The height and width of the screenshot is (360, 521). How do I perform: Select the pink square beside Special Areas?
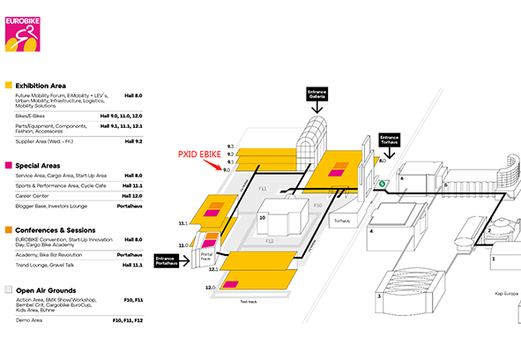point(9,166)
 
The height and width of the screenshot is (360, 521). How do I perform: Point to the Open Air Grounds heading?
point(45,290)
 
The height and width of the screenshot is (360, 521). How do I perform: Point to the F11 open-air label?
point(262,188)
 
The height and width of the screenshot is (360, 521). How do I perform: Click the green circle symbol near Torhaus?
point(383,184)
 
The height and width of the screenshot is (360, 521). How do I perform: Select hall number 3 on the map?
point(379,296)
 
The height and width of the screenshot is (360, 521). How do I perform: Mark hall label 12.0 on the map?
point(212,288)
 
